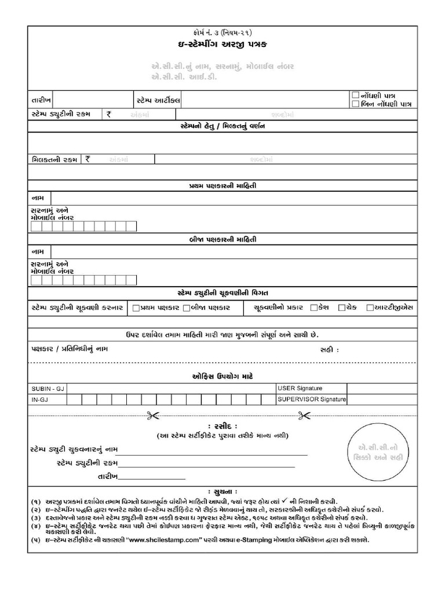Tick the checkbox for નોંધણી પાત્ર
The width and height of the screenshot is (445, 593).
pyautogui.click(x=356, y=94)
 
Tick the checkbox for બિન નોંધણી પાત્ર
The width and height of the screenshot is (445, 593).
pyautogui.click(x=356, y=104)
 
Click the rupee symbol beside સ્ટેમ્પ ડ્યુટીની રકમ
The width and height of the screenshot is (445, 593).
pyautogui.click(x=108, y=115)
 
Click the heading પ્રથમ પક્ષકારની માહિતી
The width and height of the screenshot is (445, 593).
pyautogui.click(x=222, y=186)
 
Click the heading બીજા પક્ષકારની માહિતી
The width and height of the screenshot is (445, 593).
pyautogui.click(x=222, y=239)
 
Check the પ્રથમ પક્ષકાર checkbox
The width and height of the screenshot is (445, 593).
pyautogui.click(x=136, y=308)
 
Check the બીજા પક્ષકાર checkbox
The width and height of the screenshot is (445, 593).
pyautogui.click(x=187, y=308)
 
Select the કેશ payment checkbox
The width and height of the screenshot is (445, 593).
pyautogui.click(x=313, y=308)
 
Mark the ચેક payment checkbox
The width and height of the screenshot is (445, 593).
pyautogui.click(x=342, y=308)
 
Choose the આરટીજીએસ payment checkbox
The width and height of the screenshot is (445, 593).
pyautogui.click(x=370, y=308)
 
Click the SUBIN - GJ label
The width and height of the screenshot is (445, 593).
pyautogui.click(x=45, y=388)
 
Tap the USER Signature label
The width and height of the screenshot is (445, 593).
pyautogui.click(x=300, y=388)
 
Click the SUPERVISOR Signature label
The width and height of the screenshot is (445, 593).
pyautogui.click(x=312, y=399)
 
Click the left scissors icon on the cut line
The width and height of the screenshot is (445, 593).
pyautogui.click(x=153, y=415)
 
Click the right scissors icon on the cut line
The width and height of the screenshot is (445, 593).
pyautogui.click(x=303, y=415)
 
